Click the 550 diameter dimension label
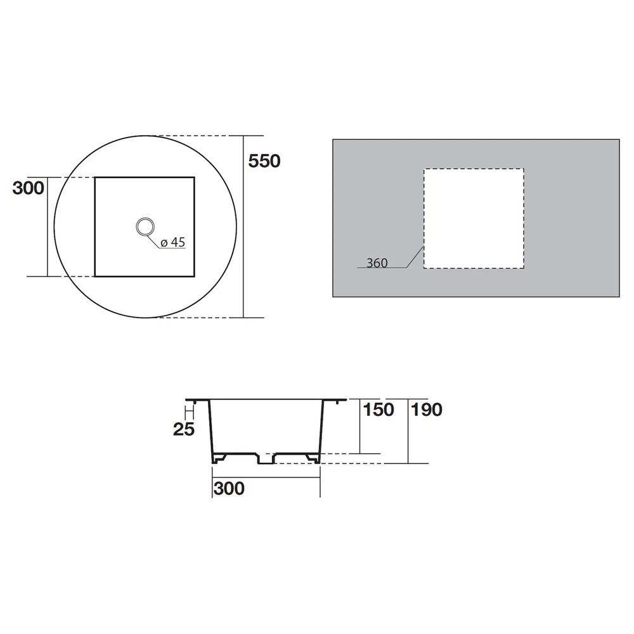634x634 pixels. point(264,161)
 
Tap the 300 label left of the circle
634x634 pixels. point(29,188)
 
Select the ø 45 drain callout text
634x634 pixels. point(172,242)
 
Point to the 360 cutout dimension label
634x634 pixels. point(377,263)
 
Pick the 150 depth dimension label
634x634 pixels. point(378,410)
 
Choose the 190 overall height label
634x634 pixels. point(427,410)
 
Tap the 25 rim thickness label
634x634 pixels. point(184,429)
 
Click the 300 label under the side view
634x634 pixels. point(229,488)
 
